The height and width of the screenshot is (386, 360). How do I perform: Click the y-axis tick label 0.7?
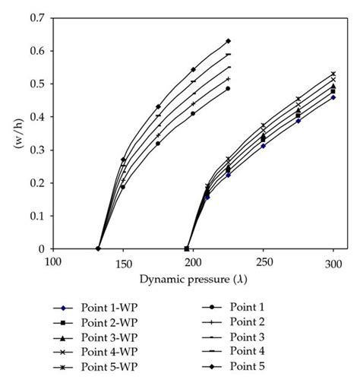(x=35, y=17)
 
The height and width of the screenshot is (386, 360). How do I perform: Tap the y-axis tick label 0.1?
(x=35, y=216)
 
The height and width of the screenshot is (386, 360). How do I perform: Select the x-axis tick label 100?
(x=52, y=263)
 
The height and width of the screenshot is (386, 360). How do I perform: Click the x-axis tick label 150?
(x=123, y=263)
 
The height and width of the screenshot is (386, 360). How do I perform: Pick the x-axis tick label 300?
(x=333, y=263)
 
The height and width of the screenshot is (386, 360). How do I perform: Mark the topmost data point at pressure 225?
(x=228, y=41)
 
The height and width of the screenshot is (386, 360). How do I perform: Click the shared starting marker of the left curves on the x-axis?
(x=99, y=248)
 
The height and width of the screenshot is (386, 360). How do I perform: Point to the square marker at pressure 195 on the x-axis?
(x=187, y=248)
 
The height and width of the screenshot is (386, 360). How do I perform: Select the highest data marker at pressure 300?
(x=333, y=74)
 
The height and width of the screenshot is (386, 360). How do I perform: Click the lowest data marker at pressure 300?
(x=333, y=97)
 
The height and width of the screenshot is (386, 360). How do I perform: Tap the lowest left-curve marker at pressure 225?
(x=228, y=88)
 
